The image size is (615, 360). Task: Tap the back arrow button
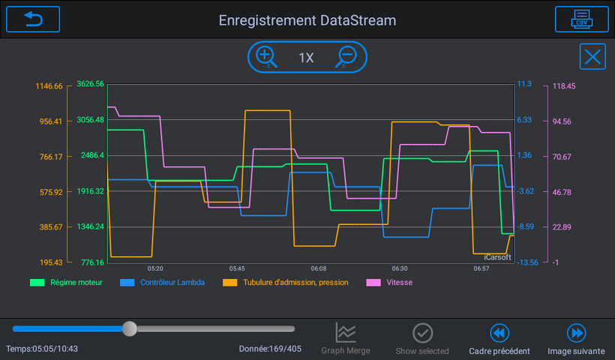point(33,19)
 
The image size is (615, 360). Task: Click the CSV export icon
point(582,19)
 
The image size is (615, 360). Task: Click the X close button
point(592,57)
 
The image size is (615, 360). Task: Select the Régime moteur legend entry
point(66,282)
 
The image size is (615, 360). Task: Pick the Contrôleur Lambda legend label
point(172,282)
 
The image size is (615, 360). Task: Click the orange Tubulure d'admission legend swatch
point(229,282)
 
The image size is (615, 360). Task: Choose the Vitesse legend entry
point(389,282)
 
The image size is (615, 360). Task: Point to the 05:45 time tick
point(237,268)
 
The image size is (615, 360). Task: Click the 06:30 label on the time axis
point(400,268)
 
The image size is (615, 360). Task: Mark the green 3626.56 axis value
point(90,84)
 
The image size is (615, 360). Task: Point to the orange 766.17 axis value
point(51,157)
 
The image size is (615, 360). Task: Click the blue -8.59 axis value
point(525,226)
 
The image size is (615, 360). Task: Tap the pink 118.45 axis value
point(564,86)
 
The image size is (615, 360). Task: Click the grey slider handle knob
point(129,328)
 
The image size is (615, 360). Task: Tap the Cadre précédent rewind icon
point(499,333)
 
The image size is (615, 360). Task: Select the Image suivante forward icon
point(576,333)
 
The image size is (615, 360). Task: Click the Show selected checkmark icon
point(422,333)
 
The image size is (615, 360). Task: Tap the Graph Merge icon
point(346,332)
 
